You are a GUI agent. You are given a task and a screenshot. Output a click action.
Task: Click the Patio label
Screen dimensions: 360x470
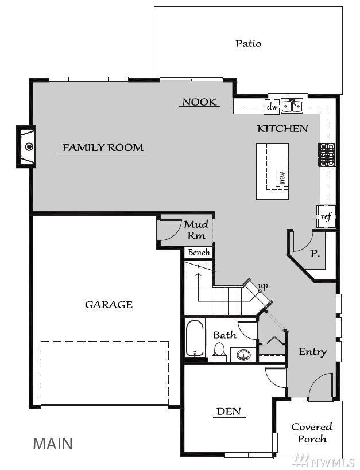coord(248,44)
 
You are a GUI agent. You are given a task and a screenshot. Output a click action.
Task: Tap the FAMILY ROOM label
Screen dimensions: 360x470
coord(103,147)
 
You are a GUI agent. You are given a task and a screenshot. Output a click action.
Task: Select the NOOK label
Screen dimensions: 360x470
coord(199,102)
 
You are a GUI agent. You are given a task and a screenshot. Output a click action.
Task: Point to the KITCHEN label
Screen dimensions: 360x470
coord(282,129)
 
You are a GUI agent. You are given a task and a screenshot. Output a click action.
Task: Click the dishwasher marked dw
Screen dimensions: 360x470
coord(272,107)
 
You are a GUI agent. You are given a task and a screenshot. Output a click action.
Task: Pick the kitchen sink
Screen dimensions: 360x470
coord(292,106)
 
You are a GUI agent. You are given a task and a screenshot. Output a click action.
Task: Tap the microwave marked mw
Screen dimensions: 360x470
coord(282,177)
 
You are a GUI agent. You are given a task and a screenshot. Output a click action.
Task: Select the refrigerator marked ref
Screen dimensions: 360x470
coord(326,216)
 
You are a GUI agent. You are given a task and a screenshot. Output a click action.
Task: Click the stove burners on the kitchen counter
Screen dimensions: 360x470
coord(327,155)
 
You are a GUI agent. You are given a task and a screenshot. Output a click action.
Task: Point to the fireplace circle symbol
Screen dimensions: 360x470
coord(29,146)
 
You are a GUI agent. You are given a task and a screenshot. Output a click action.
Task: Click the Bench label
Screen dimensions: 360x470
coord(199,253)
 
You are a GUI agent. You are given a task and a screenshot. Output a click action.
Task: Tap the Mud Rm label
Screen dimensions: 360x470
coord(196,230)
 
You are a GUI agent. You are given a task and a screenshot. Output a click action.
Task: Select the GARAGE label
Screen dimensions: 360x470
coord(109,305)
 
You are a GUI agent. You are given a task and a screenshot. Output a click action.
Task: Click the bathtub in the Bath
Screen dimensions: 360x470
coord(195,338)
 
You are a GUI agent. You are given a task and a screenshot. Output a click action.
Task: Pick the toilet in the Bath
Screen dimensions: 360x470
coord(219,352)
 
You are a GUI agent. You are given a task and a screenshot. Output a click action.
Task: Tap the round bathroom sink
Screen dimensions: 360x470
coord(243,355)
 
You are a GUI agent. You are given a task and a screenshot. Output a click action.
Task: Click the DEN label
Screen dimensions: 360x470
coord(229,411)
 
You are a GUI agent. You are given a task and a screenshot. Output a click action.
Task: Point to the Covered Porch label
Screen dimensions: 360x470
coord(312,433)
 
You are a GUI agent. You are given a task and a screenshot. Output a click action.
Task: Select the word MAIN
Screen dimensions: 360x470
coord(53,444)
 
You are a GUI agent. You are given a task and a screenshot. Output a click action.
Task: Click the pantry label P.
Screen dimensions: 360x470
coord(315,254)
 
